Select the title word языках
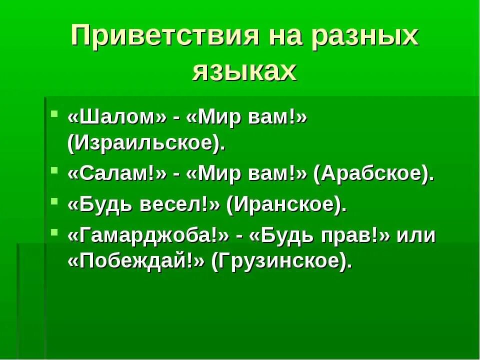click(x=244, y=71)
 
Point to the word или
click(x=416, y=234)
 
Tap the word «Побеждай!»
click(x=136, y=262)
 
